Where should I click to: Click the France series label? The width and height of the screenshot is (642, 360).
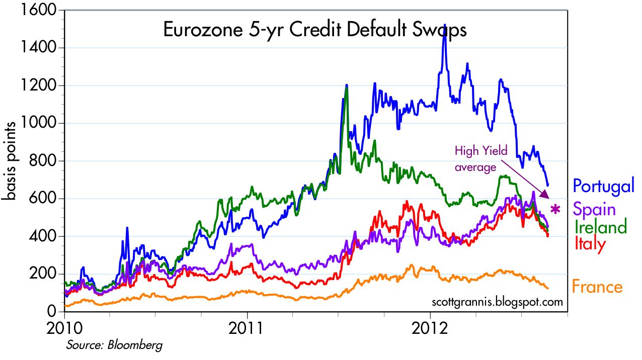point(597,287)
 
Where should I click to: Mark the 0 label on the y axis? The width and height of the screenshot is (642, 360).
point(51,312)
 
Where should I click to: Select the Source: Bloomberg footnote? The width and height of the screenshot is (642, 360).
point(114,345)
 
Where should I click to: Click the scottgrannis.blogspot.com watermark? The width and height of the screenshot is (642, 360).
point(497,302)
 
